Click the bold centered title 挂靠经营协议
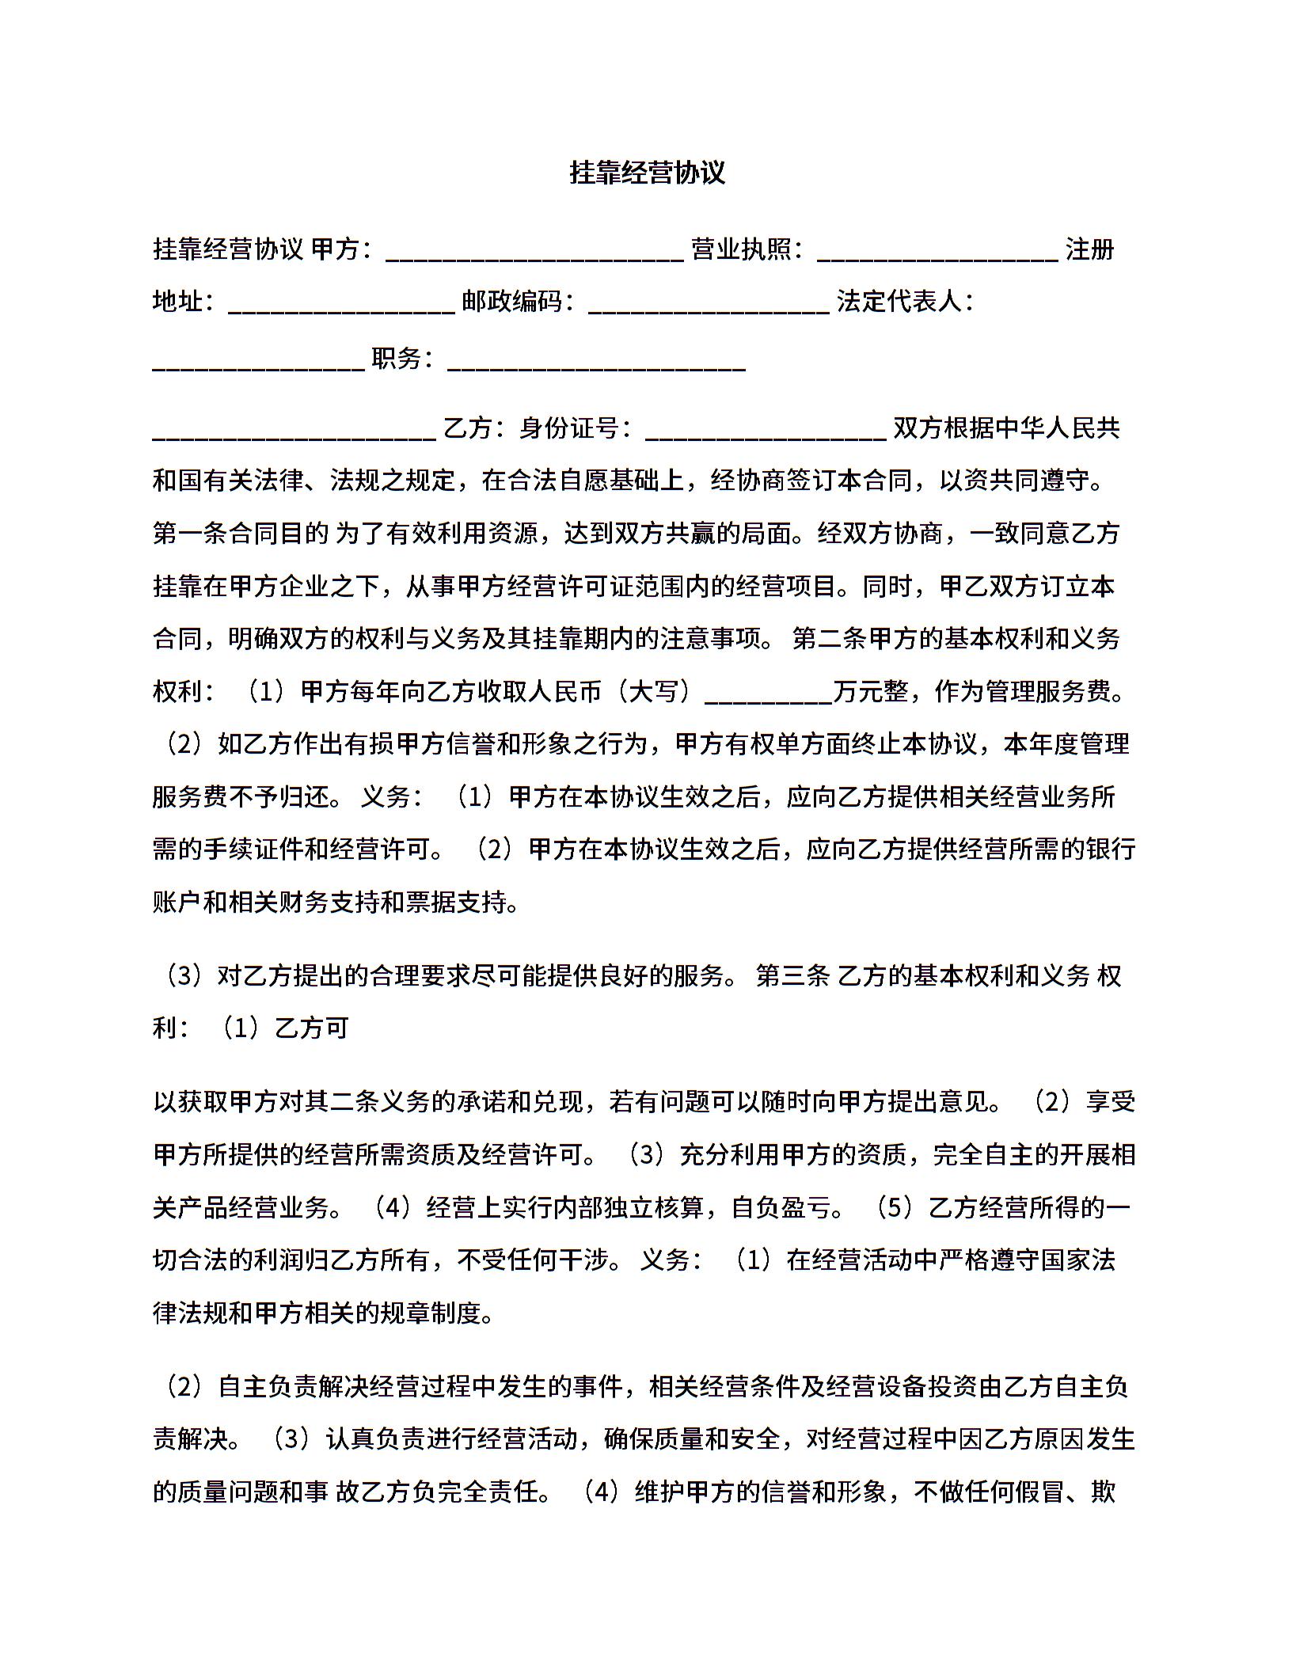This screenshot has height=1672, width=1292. click(x=647, y=173)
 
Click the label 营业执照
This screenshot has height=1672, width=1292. click(x=741, y=249)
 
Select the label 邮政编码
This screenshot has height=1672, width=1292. click(x=512, y=302)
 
